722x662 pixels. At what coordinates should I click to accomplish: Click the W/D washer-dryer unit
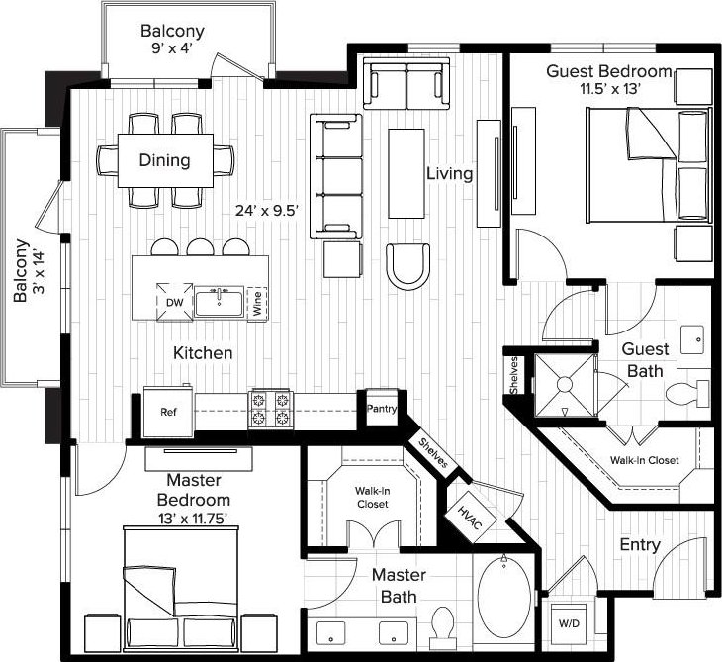(x=569, y=623)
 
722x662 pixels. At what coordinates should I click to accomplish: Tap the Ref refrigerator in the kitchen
(x=168, y=412)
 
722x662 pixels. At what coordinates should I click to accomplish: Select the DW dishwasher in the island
(x=174, y=302)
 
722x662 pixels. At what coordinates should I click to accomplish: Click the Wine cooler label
(x=257, y=303)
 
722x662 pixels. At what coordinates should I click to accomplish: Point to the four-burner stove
(x=271, y=410)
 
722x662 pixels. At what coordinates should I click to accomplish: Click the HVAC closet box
(x=470, y=517)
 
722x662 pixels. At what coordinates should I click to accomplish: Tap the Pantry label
(x=381, y=408)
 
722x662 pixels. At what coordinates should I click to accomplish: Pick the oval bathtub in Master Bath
(x=504, y=598)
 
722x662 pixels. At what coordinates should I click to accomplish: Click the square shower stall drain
(x=565, y=384)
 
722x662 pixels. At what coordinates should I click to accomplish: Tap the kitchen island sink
(x=220, y=301)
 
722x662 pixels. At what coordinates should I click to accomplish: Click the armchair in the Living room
(x=407, y=267)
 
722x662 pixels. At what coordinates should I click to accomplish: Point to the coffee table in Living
(x=406, y=173)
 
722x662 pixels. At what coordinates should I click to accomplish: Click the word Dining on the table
(x=164, y=160)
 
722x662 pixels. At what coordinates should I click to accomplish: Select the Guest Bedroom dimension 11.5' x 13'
(x=610, y=88)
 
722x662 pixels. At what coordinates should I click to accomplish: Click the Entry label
(x=640, y=545)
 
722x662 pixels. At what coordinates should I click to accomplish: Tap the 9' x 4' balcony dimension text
(x=172, y=47)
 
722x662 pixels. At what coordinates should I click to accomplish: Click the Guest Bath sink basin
(x=692, y=339)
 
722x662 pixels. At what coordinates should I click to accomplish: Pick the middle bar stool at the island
(x=201, y=247)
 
